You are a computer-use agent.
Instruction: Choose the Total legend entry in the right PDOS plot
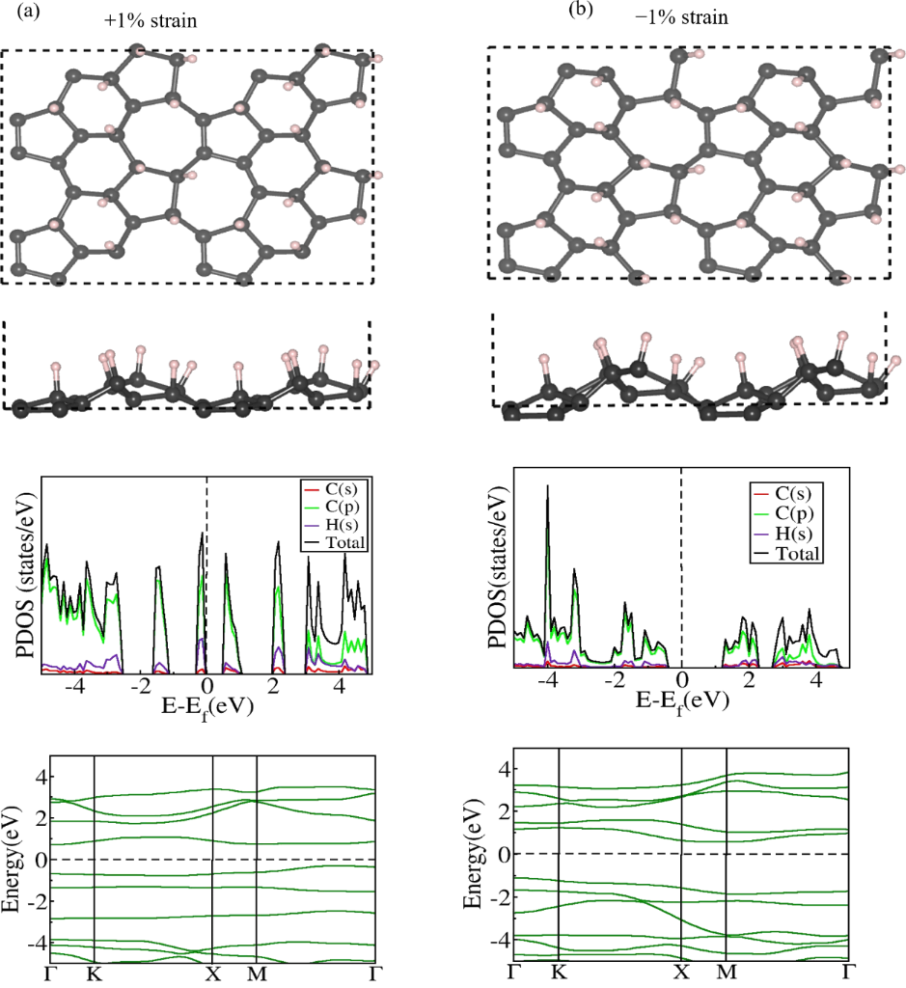tap(800, 554)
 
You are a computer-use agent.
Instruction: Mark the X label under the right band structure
tap(681, 972)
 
